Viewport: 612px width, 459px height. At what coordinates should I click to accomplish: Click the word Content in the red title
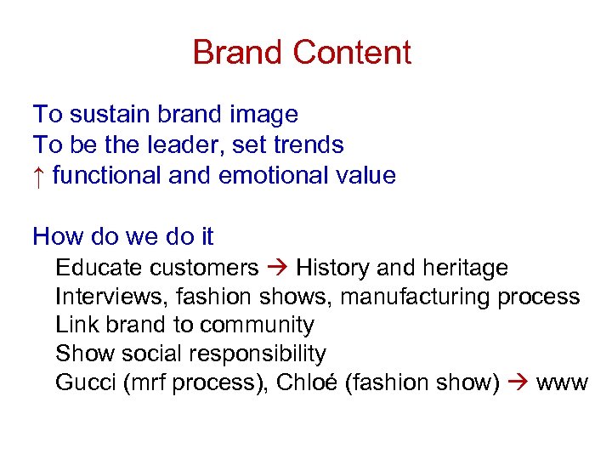(x=352, y=53)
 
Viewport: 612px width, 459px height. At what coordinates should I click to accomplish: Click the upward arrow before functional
(x=38, y=175)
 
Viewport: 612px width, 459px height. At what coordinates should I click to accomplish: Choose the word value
(x=365, y=176)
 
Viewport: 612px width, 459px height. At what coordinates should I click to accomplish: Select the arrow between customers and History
(x=277, y=269)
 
